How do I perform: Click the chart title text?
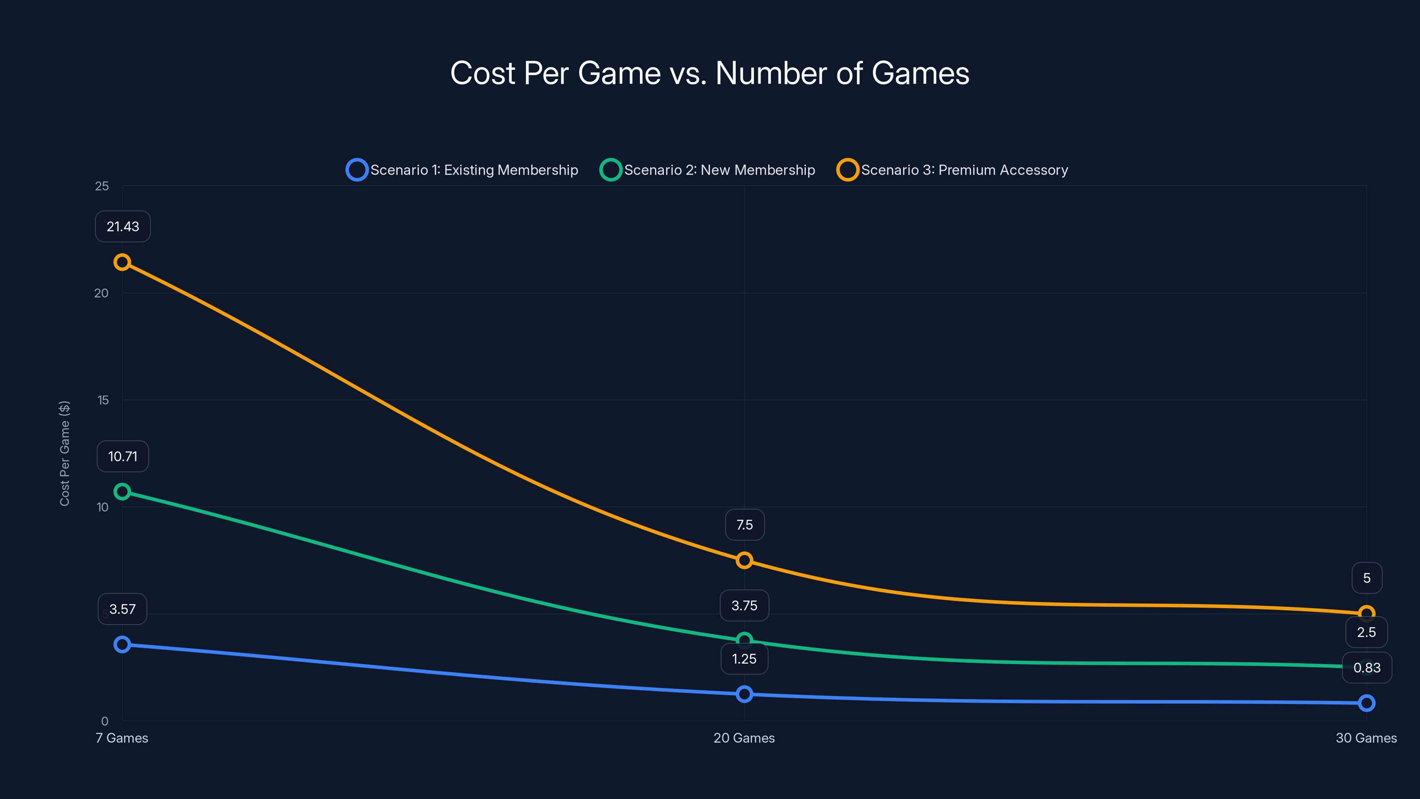(x=710, y=73)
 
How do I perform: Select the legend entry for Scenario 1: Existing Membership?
(x=462, y=170)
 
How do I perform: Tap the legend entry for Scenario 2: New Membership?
(x=707, y=170)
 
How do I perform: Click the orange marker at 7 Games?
(x=122, y=262)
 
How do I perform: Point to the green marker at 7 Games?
(x=122, y=491)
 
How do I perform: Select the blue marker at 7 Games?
(x=122, y=644)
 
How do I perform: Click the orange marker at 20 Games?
(x=744, y=560)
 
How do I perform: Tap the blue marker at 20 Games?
(x=744, y=694)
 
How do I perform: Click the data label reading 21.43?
(x=123, y=227)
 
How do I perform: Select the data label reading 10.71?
(x=123, y=457)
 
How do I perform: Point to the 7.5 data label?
(x=744, y=525)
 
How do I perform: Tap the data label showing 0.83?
(x=1367, y=668)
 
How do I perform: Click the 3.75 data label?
(x=744, y=605)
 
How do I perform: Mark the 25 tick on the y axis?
(x=102, y=186)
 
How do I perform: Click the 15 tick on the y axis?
(x=103, y=400)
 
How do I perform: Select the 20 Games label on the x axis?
(x=744, y=738)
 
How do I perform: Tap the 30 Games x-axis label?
(x=1366, y=738)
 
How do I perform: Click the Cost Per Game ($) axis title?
(x=64, y=453)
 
